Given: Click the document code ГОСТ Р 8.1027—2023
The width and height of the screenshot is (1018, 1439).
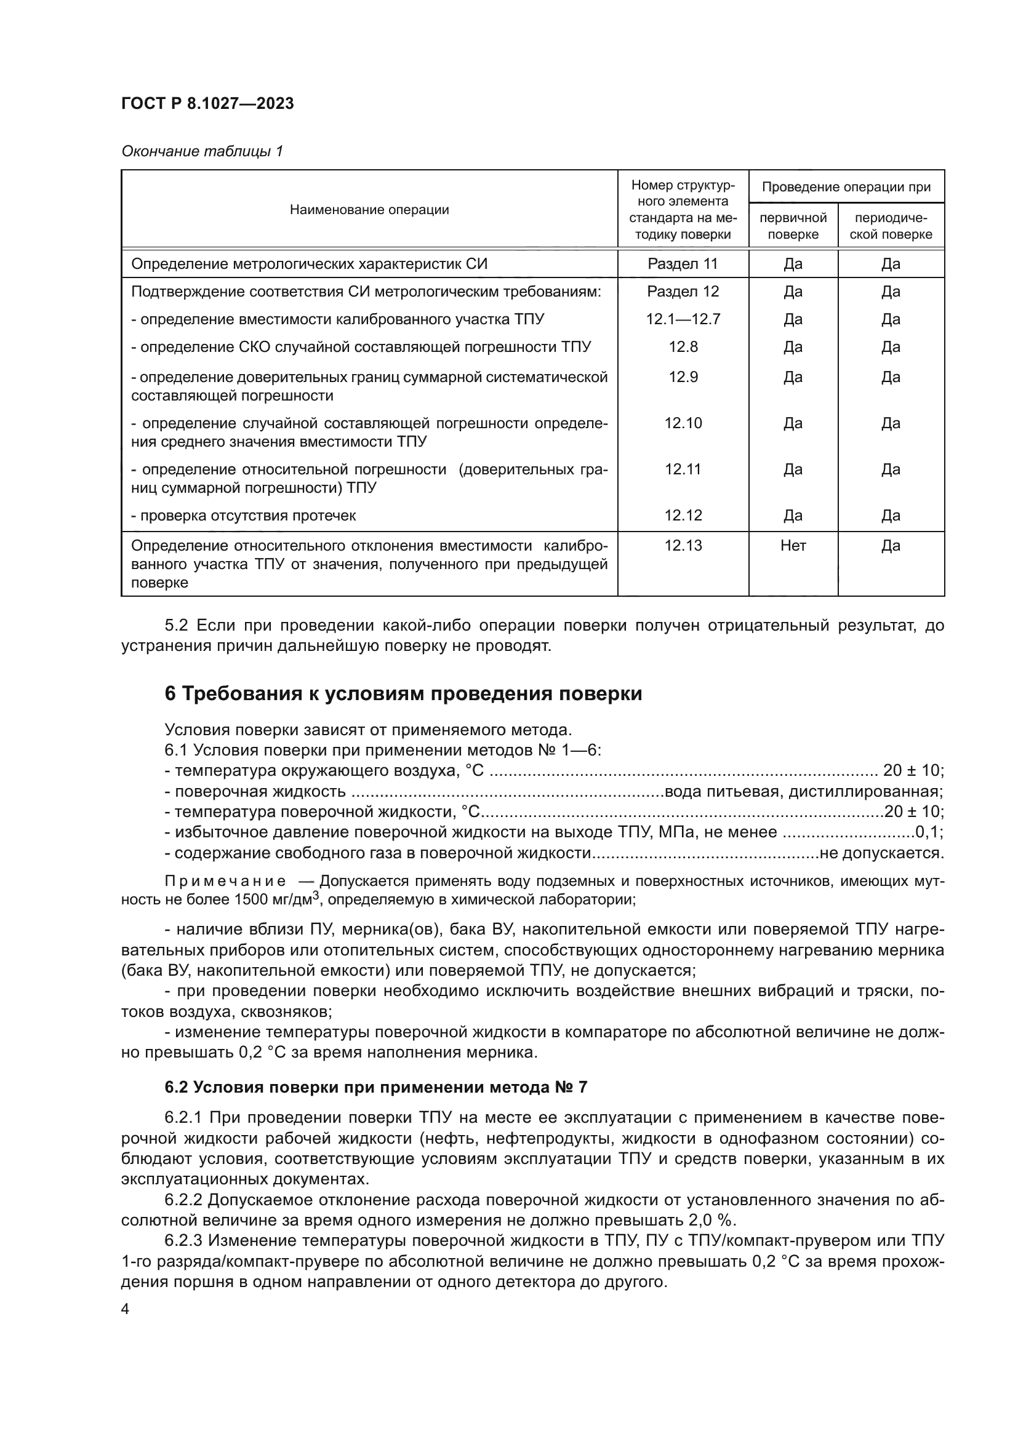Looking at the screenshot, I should [207, 104].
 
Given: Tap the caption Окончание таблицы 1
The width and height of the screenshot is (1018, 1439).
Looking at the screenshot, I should [202, 152].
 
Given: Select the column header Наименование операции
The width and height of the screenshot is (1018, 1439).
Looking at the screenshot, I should [369, 210].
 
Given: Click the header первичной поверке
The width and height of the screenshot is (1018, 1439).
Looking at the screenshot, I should [793, 226].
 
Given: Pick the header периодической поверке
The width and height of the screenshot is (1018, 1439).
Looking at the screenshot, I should [890, 226].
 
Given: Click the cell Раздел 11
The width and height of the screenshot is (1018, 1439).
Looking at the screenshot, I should [683, 264].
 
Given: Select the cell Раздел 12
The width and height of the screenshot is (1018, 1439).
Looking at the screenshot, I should [683, 292].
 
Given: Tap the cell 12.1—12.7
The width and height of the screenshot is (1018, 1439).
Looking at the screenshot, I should [683, 320].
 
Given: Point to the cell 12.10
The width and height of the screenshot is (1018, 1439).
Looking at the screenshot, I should [683, 424].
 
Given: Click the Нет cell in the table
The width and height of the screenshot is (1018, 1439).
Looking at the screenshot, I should [793, 546].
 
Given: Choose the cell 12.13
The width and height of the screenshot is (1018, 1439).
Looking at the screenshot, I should [683, 546].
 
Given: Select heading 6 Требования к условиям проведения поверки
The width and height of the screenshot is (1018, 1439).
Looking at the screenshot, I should [403, 695].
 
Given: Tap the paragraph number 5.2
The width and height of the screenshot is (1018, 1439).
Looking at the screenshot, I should [177, 626].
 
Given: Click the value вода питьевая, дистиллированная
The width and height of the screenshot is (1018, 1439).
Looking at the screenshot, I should [803, 792].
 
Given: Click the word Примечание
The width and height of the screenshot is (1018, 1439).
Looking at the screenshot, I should [225, 881].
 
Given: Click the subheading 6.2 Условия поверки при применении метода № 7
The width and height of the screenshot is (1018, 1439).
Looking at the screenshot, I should [375, 1087].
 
